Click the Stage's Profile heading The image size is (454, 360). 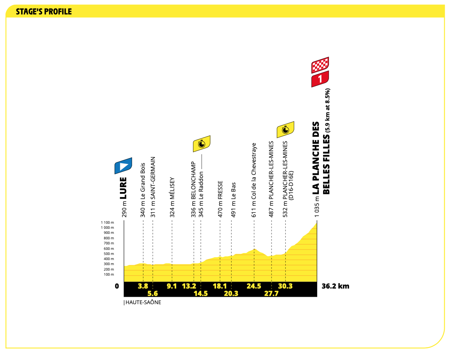[x=44, y=12]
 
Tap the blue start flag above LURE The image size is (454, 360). [x=123, y=166]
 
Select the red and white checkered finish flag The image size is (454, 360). [x=320, y=65]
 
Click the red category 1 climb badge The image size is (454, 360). [x=320, y=79]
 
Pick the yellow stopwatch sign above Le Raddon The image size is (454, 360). [x=202, y=144]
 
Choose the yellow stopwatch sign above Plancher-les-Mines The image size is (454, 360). [x=286, y=129]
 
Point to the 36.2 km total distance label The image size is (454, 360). [x=335, y=286]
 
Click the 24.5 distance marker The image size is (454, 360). [x=254, y=286]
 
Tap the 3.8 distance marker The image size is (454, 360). [x=143, y=286]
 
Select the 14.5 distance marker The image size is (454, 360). [x=201, y=294]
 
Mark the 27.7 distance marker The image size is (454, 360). [x=271, y=294]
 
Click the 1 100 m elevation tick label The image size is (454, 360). [x=107, y=223]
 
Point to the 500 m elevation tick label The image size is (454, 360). [x=109, y=254]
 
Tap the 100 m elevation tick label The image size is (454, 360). [x=109, y=274]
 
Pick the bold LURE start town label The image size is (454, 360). [x=123, y=188]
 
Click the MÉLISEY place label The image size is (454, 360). [x=172, y=188]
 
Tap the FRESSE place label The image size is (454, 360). [x=220, y=190]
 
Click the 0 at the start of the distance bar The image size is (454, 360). [x=117, y=286]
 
